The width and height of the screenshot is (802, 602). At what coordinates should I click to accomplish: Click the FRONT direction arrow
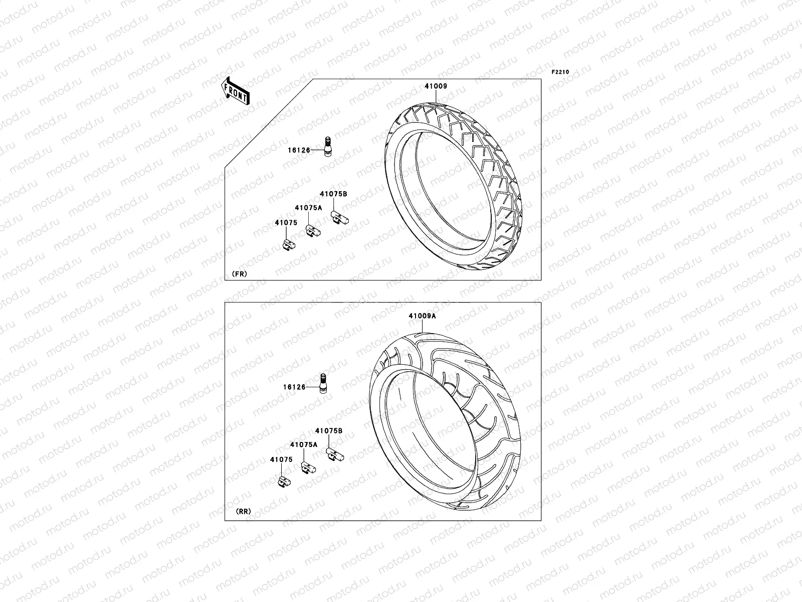coord(236,91)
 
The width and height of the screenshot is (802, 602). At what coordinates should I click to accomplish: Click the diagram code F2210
coord(560,72)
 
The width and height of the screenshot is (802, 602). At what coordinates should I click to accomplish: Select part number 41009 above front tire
coord(436,86)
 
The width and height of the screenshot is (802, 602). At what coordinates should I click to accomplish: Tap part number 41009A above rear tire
coord(422,316)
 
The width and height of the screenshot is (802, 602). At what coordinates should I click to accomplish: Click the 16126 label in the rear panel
coord(294,387)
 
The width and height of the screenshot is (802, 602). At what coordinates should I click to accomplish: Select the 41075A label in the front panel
coord(308,207)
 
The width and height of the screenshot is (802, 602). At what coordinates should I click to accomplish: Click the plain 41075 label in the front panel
coord(286,222)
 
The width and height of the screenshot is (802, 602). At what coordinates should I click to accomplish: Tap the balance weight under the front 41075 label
coord(289,244)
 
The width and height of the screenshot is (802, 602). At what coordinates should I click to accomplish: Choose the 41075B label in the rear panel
coord(329,430)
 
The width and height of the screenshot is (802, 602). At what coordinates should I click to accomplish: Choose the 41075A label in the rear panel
coord(303,444)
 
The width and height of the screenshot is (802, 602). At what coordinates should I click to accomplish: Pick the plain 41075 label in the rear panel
coord(281,459)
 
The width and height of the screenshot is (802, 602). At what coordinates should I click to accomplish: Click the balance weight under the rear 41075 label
coord(284,482)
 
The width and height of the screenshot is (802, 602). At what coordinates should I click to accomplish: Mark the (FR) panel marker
coord(239,274)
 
